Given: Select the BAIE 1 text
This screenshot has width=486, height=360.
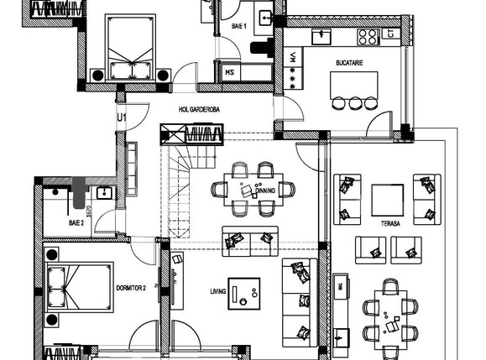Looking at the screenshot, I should [x=239, y=27].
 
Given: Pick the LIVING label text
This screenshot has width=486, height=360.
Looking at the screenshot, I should [x=219, y=292].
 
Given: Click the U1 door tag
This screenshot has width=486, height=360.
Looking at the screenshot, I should [x=121, y=117].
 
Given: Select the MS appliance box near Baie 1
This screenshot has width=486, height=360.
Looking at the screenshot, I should [x=229, y=73].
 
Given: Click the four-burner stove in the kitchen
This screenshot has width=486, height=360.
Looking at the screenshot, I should [x=368, y=36].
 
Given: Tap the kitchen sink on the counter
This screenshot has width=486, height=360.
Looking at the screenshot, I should [x=322, y=36].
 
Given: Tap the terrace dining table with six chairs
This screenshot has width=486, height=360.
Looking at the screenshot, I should [x=390, y=314].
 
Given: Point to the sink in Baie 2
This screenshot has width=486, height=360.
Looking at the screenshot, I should [x=103, y=194].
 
